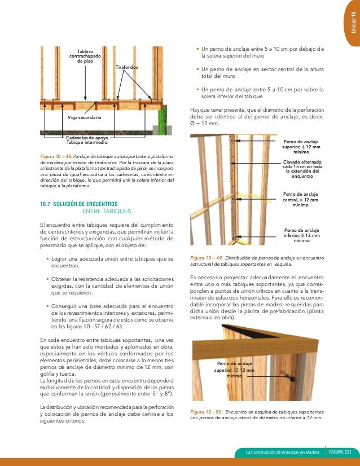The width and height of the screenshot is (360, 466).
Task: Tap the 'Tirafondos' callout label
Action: [126, 67]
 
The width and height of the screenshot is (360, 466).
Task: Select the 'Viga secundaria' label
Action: [84, 117]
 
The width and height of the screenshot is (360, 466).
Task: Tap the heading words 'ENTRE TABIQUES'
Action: [107, 211]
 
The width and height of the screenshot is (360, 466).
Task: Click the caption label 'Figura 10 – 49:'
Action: [210, 257]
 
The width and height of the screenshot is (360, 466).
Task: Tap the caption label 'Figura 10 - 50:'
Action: [209, 412]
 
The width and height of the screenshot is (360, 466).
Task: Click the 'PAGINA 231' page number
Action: [341, 452]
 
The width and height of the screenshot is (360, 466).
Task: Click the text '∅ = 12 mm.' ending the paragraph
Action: [205, 124]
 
